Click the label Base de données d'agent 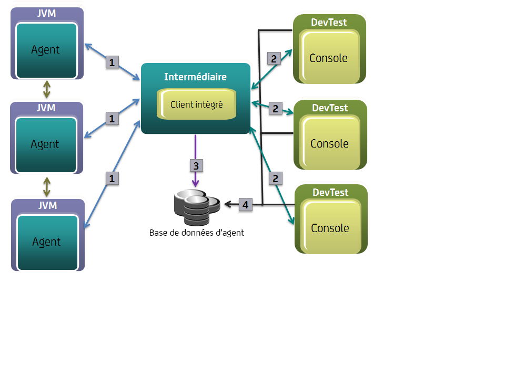(x=196, y=233)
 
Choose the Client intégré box (x=196, y=104)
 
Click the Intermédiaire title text (x=195, y=77)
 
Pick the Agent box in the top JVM (x=46, y=50)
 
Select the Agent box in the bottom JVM (x=46, y=241)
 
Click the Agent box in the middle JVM (x=46, y=144)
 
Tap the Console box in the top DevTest (x=329, y=57)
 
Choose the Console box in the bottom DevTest (x=330, y=228)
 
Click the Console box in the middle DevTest (x=329, y=143)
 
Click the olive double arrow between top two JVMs (x=47, y=90)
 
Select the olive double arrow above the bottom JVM (x=47, y=186)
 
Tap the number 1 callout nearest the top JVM (x=111, y=62)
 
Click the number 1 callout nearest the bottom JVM (x=111, y=178)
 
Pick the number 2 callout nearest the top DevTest (x=274, y=58)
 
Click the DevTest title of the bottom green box (x=330, y=193)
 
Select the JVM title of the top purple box (x=47, y=14)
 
